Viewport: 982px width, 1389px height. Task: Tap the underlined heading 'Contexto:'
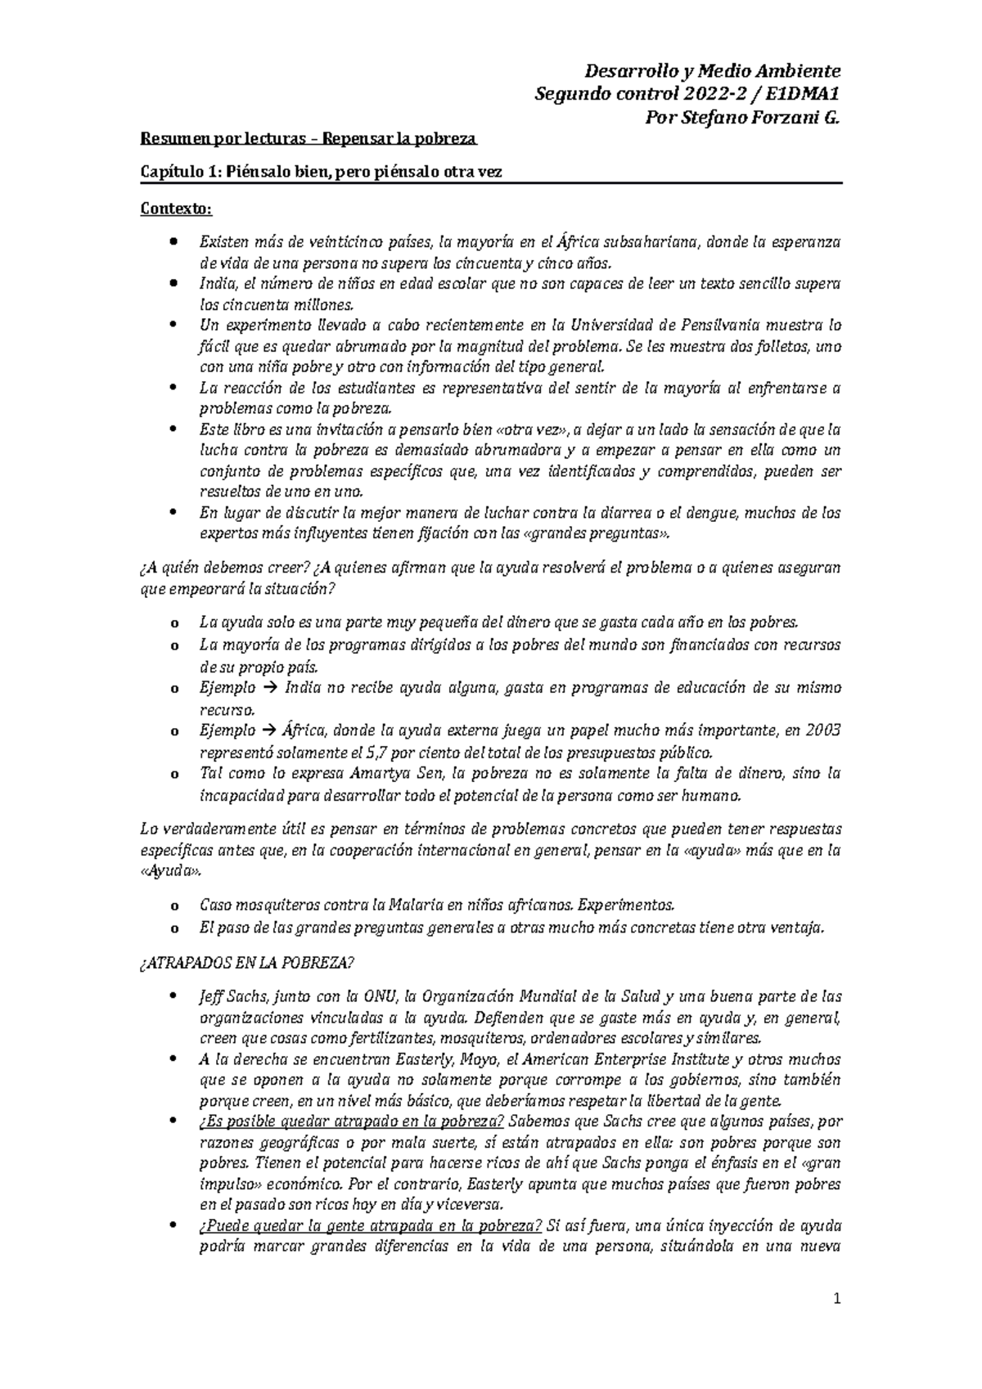pos(176,209)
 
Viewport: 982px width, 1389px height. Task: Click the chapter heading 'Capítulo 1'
pos(181,173)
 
